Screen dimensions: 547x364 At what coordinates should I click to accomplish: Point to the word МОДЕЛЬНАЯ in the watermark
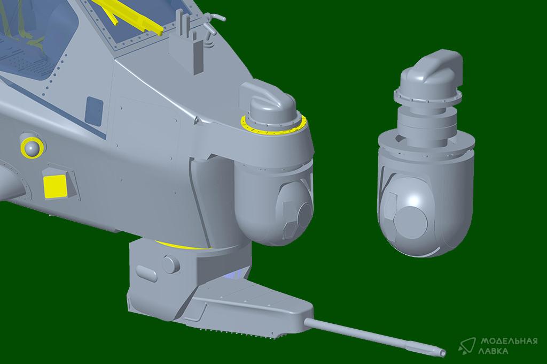[x=509, y=341]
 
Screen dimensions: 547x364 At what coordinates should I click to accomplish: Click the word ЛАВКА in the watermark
[x=494, y=351]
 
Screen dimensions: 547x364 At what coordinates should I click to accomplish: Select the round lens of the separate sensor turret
[x=413, y=222]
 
